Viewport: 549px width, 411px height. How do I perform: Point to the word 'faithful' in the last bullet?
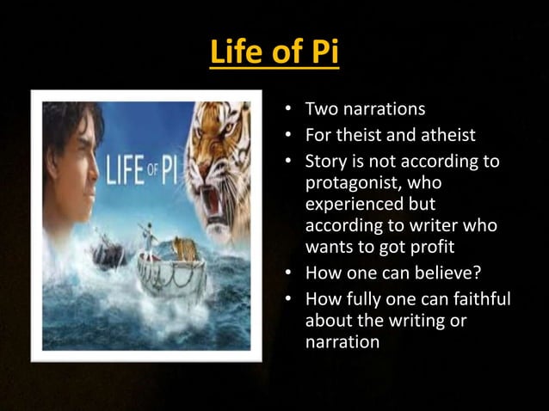click(x=481, y=298)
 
